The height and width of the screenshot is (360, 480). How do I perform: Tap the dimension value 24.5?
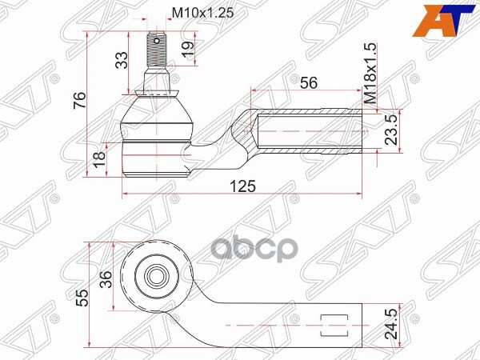(391, 325)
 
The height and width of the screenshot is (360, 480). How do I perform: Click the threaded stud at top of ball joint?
(156, 51)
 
